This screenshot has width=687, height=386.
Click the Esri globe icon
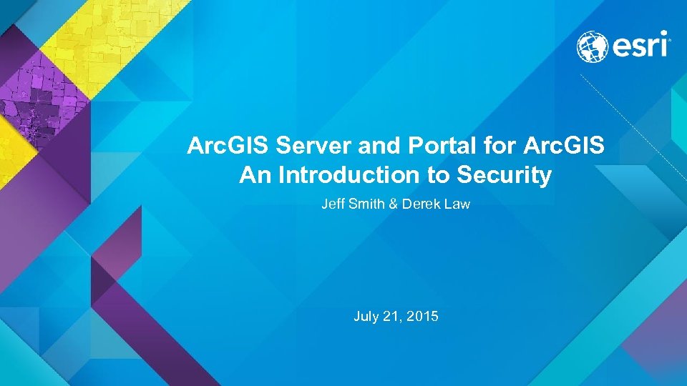593,46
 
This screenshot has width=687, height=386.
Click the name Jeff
333,204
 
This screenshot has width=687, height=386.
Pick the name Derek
419,204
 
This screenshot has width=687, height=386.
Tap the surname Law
457,204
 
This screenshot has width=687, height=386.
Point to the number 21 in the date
391,315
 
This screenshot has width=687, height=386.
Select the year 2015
422,315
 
